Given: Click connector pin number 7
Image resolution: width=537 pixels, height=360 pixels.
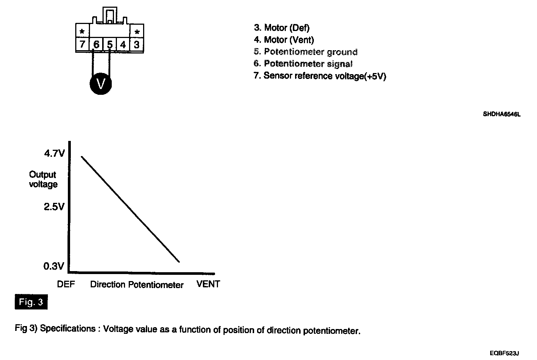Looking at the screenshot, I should (x=82, y=45).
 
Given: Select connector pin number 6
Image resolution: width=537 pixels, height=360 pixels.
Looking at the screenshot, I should (x=96, y=45).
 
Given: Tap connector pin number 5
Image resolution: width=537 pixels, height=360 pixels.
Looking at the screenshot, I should (x=110, y=45).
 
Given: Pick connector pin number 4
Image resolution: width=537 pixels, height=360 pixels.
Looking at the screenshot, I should (x=123, y=45).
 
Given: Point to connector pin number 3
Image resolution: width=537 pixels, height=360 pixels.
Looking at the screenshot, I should (x=136, y=45).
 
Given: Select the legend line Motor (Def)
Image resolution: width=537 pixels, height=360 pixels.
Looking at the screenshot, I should (x=282, y=28).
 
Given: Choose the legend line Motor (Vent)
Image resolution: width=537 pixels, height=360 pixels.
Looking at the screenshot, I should (x=284, y=39).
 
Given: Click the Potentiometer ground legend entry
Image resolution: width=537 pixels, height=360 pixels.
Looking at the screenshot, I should (x=306, y=52).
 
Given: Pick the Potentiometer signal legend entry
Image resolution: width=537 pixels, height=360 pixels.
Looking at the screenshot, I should (x=303, y=64).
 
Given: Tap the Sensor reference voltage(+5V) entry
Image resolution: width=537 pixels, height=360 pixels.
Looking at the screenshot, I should (x=320, y=76).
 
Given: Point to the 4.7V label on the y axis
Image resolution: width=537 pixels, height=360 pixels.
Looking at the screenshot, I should (x=54, y=153).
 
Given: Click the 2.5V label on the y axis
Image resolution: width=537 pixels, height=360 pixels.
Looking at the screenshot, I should (x=54, y=207).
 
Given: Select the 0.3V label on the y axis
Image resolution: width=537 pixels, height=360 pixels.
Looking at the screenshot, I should (x=54, y=266).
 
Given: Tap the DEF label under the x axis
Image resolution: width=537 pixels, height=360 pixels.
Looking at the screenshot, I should (x=66, y=284).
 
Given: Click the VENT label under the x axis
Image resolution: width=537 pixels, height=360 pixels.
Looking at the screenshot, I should (x=208, y=284).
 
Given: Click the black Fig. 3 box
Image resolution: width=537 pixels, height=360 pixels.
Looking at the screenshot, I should (x=31, y=302).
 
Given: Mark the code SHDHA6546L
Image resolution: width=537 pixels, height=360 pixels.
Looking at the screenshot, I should (x=502, y=114).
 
